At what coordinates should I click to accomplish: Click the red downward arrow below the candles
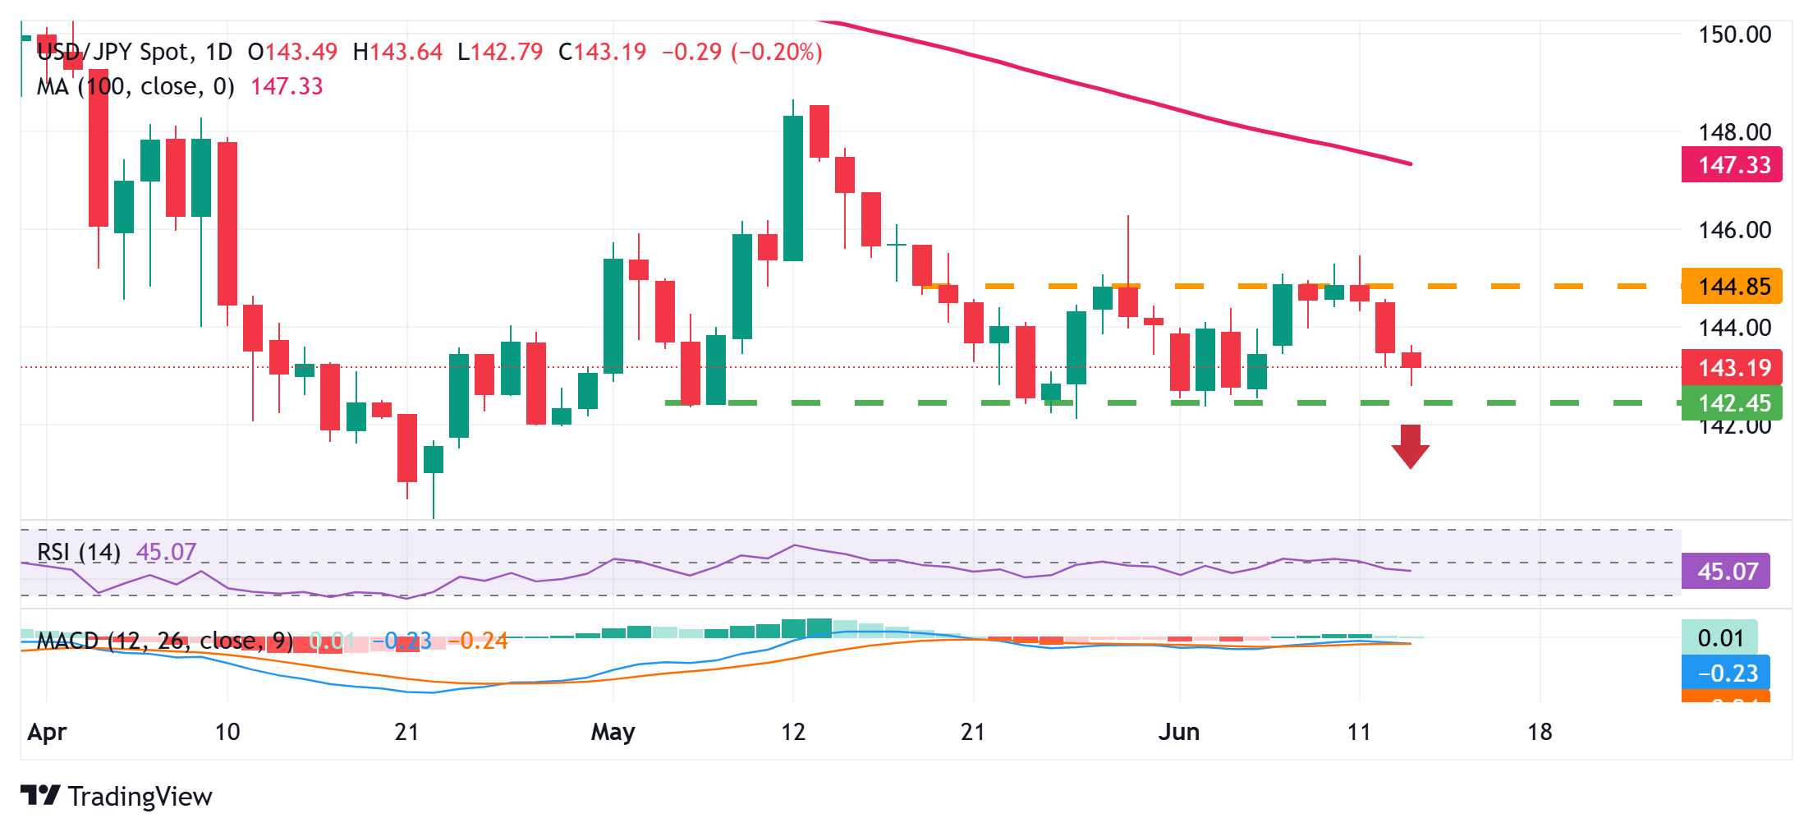pyautogui.click(x=1410, y=446)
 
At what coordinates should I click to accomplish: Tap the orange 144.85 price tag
pyautogui.click(x=1732, y=287)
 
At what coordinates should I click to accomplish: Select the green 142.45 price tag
pyautogui.click(x=1732, y=403)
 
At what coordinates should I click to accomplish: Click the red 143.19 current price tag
pyautogui.click(x=1732, y=367)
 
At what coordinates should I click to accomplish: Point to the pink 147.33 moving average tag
pyautogui.click(x=1732, y=165)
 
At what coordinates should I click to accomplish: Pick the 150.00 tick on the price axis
pyautogui.click(x=1734, y=34)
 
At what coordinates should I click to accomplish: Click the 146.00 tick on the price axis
pyautogui.click(x=1734, y=230)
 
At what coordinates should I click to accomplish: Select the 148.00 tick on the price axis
pyautogui.click(x=1734, y=131)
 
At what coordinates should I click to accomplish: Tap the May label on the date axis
pyautogui.click(x=613, y=732)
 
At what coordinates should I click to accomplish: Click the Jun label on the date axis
pyautogui.click(x=1178, y=732)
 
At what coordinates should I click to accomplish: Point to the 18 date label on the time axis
pyautogui.click(x=1540, y=732)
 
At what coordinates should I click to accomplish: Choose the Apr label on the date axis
pyautogui.click(x=47, y=732)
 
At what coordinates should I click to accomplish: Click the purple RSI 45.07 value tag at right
pyautogui.click(x=1726, y=572)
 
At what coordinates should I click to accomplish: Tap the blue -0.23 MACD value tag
pyautogui.click(x=1726, y=673)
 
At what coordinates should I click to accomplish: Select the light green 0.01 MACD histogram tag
pyautogui.click(x=1719, y=638)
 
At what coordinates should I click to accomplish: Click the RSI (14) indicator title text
pyautogui.click(x=79, y=552)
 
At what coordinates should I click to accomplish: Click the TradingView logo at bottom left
pyautogui.click(x=117, y=796)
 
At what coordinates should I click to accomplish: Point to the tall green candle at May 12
pyautogui.click(x=793, y=188)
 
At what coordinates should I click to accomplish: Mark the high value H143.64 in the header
pyautogui.click(x=397, y=52)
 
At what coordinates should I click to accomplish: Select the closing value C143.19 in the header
pyautogui.click(x=602, y=52)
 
